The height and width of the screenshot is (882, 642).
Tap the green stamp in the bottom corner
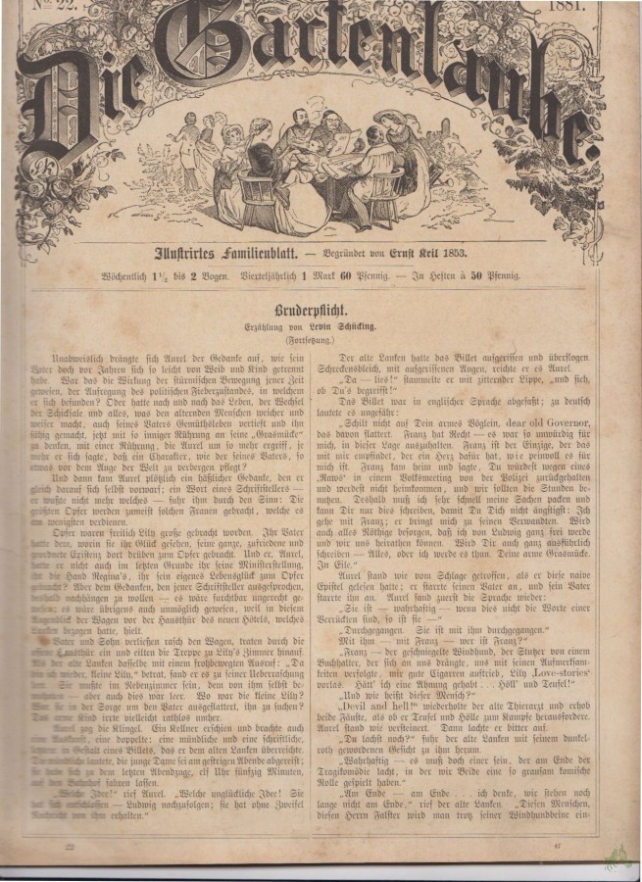(x=617, y=858)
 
